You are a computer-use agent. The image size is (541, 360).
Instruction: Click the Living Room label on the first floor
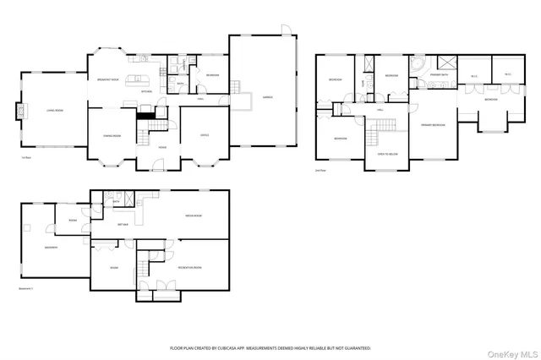pos(43,110)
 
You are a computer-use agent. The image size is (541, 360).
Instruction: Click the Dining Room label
pos(112,135)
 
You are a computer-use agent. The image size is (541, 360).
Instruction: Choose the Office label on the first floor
pos(205,134)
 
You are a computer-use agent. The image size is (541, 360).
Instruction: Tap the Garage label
pos(266,98)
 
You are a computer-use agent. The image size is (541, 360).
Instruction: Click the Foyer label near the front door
pos(162,147)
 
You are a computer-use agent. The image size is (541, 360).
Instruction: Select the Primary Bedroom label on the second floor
pos(433,125)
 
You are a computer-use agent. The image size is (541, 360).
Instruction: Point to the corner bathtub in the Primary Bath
pos(420,65)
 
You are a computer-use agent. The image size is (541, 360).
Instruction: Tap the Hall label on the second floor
pos(380,109)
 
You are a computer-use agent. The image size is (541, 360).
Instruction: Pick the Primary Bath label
pos(440,74)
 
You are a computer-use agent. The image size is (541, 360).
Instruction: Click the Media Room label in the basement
pos(194,216)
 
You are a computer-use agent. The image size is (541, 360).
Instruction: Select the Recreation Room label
pos(189,267)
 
